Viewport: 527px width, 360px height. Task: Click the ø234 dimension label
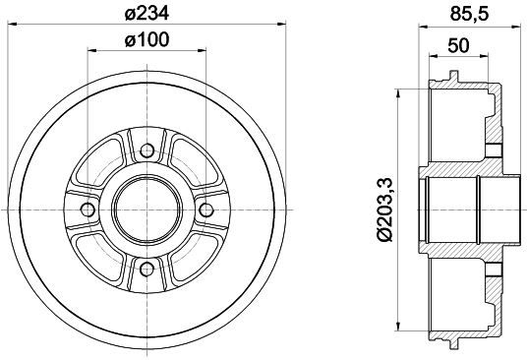146,14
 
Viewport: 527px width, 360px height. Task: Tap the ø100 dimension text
146,40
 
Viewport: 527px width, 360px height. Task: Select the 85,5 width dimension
469,15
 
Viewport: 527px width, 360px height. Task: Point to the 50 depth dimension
458,45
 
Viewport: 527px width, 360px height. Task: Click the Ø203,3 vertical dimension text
385,210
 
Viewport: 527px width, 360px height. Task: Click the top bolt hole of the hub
146,150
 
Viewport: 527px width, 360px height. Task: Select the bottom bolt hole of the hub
146,269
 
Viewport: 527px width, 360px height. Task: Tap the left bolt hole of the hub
88,210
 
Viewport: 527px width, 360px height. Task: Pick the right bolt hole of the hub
206,210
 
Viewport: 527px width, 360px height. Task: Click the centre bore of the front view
146,210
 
